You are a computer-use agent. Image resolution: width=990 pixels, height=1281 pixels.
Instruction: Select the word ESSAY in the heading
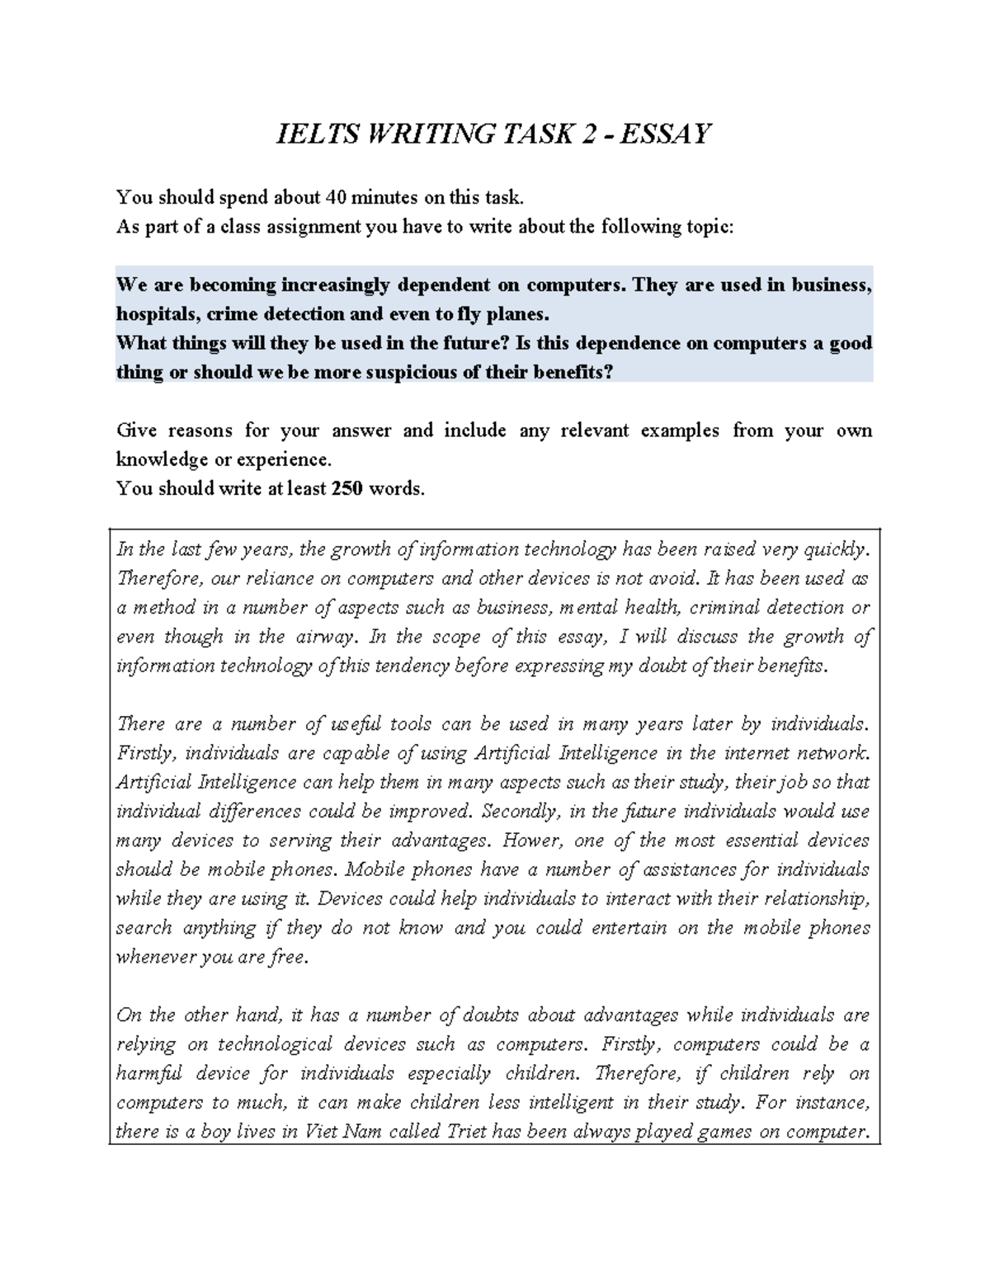tap(665, 134)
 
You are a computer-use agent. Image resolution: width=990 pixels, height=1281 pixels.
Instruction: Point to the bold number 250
tap(346, 488)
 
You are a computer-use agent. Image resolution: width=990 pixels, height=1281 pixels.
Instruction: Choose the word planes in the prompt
tap(518, 314)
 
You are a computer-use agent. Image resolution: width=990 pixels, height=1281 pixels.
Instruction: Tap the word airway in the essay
tap(329, 637)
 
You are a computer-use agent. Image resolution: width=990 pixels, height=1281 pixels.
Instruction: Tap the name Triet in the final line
tap(466, 1132)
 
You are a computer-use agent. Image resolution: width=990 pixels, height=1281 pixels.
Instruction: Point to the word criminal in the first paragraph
tap(724, 608)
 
